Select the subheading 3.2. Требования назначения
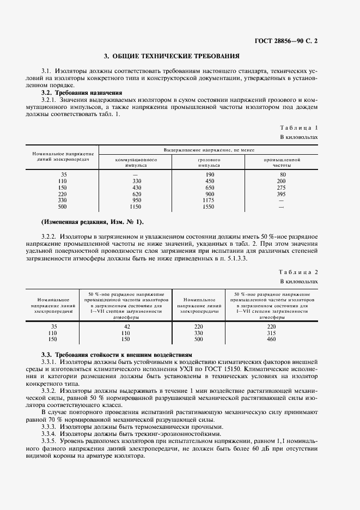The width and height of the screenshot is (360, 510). (x=78, y=93)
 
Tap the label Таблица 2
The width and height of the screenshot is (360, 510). (x=298, y=272)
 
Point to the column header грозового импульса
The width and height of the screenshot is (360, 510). (x=209, y=162)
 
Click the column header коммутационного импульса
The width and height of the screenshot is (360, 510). (x=136, y=162)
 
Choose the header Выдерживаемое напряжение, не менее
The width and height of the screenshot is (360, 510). (x=209, y=149)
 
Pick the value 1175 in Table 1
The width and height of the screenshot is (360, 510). (x=209, y=200)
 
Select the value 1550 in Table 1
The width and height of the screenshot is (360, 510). (x=209, y=207)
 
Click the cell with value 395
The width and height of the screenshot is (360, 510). (x=281, y=193)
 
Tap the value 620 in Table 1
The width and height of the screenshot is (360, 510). (x=136, y=193)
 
